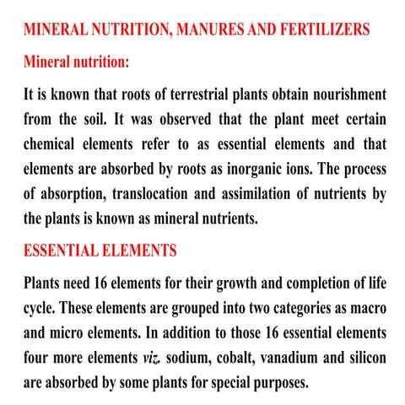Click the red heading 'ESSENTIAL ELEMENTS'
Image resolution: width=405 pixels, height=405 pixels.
(100, 251)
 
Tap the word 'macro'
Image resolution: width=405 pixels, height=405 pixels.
(363, 305)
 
